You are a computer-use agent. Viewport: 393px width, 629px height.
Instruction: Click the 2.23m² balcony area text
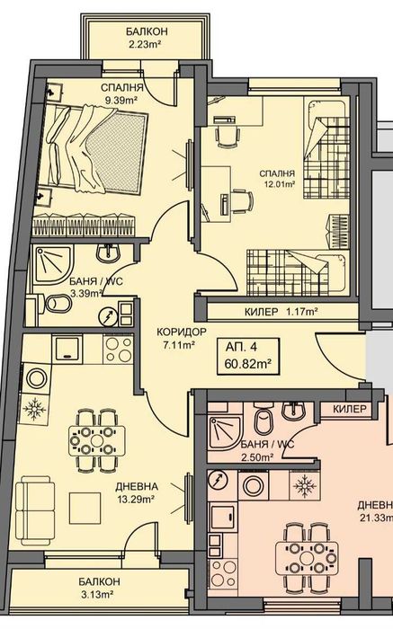[147, 44]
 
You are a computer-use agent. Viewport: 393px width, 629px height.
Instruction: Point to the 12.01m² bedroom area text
[277, 186]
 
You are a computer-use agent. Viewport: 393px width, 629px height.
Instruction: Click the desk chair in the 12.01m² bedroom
[225, 134]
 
